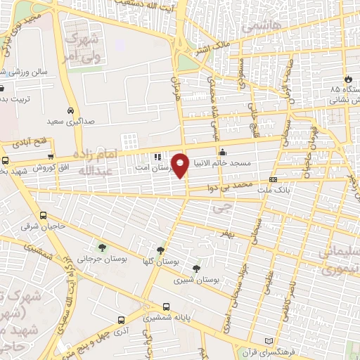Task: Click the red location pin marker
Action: pyautogui.click(x=181, y=165)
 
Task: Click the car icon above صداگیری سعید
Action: pyautogui.click(x=70, y=111)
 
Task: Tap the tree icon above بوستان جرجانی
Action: pyautogui.click(x=103, y=247)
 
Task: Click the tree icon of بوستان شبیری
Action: pyautogui.click(x=196, y=269)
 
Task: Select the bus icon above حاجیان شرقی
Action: pyautogui.click(x=44, y=216)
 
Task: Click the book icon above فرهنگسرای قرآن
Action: pyautogui.click(x=266, y=341)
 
